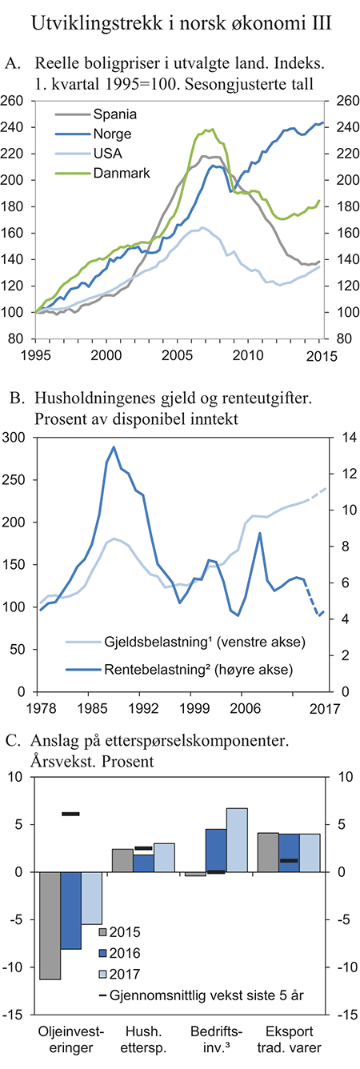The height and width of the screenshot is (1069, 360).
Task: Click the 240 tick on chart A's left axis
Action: point(18,128)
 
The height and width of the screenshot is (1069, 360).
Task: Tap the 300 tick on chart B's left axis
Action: point(18,437)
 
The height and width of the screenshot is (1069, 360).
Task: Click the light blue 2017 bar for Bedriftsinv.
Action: point(237,831)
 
